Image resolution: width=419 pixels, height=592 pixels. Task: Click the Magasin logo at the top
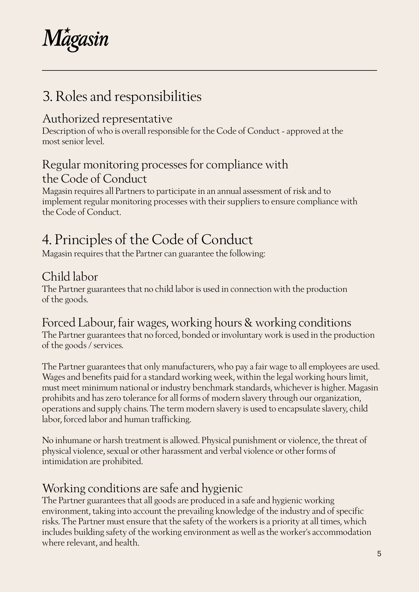point(75,40)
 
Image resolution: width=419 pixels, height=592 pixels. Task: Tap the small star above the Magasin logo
point(68,30)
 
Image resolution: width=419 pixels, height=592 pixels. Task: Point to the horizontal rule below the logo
point(209,70)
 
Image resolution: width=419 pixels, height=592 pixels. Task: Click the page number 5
point(379,554)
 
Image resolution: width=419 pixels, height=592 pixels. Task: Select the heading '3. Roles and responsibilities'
point(122,96)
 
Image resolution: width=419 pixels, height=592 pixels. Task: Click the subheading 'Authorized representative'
point(107,119)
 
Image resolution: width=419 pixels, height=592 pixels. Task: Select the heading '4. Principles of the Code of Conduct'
point(147,239)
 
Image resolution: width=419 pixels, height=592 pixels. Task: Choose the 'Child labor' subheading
point(70,277)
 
